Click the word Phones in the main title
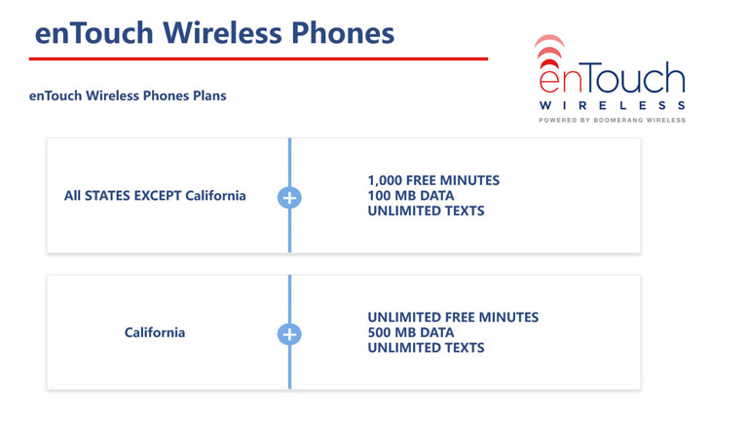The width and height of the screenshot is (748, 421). pyautogui.click(x=343, y=33)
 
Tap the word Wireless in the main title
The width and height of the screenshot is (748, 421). pyautogui.click(x=222, y=33)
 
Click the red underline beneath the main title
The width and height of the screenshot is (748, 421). pyautogui.click(x=258, y=58)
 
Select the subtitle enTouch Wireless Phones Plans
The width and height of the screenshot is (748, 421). pyautogui.click(x=128, y=96)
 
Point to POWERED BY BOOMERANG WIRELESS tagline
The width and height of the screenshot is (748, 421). pyautogui.click(x=612, y=120)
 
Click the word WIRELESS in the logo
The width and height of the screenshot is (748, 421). pyautogui.click(x=612, y=105)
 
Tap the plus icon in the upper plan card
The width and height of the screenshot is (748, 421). pyautogui.click(x=289, y=198)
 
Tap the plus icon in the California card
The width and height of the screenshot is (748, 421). pyautogui.click(x=289, y=334)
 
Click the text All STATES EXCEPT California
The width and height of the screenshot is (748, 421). pyautogui.click(x=155, y=196)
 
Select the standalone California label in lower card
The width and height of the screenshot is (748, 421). pyautogui.click(x=155, y=332)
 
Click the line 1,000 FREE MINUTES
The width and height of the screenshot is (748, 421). pyautogui.click(x=433, y=180)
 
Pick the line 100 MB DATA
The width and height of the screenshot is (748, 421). pyautogui.click(x=411, y=196)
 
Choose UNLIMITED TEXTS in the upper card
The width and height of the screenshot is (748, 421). pyautogui.click(x=426, y=210)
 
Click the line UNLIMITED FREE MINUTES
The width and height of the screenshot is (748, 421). pyautogui.click(x=453, y=318)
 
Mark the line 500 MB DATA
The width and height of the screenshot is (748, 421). pyautogui.click(x=411, y=332)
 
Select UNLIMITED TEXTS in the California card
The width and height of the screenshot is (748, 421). pyautogui.click(x=426, y=348)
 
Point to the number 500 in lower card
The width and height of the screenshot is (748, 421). pyautogui.click(x=379, y=332)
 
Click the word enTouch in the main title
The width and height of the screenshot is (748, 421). pyautogui.click(x=93, y=33)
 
